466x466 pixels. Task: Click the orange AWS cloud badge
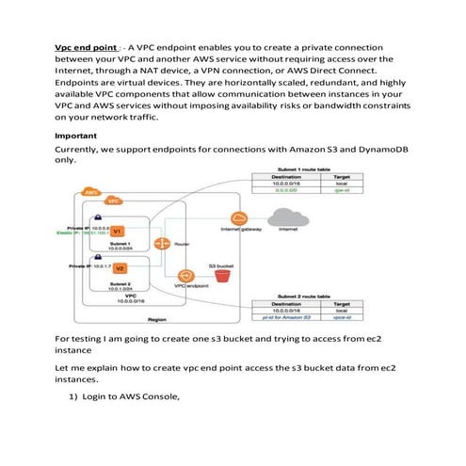click(91, 192)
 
